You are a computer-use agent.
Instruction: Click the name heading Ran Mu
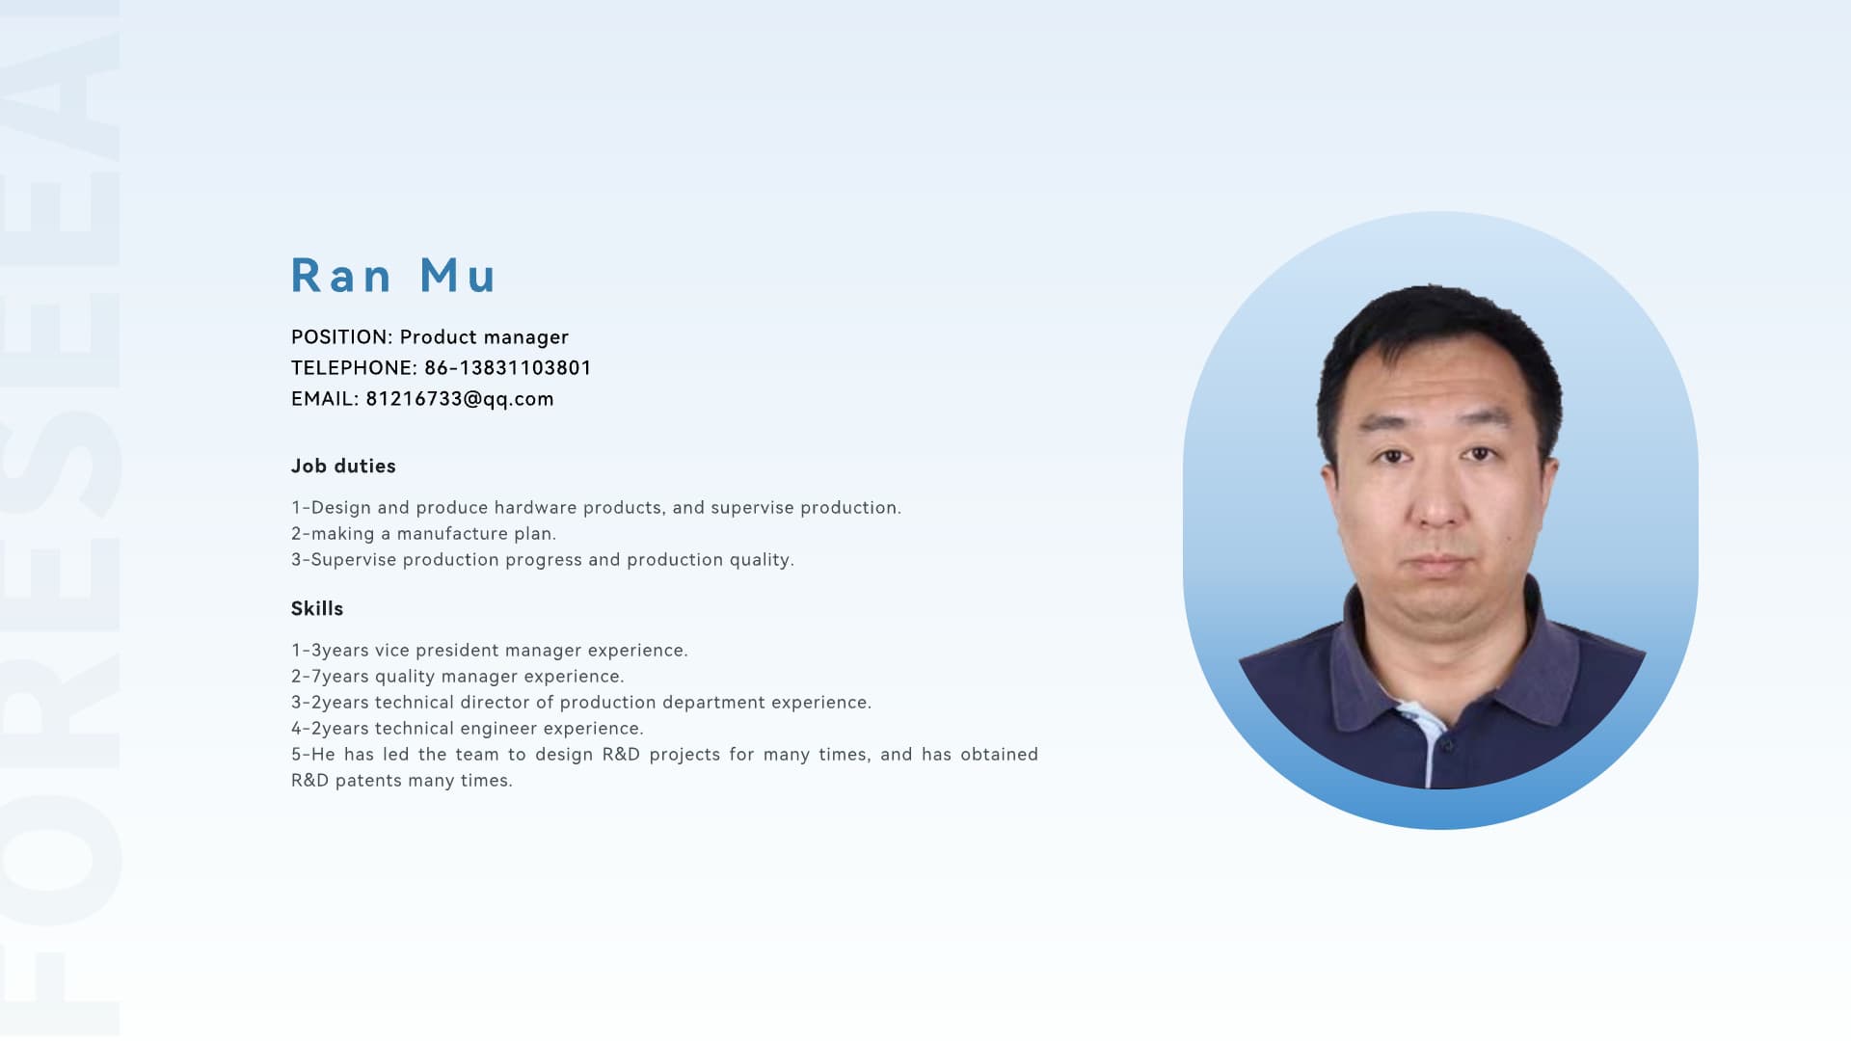(393, 276)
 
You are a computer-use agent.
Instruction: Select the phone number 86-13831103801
(508, 368)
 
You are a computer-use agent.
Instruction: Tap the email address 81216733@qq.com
(460, 399)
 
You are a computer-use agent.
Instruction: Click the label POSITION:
(342, 337)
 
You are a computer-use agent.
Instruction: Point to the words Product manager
(484, 337)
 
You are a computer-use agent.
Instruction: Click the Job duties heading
(343, 467)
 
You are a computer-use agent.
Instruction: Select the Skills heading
(317, 609)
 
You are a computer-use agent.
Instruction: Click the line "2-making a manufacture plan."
(424, 534)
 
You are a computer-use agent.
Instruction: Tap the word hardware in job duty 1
(535, 508)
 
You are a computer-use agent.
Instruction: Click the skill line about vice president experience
(490, 651)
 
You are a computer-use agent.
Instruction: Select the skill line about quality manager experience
(458, 677)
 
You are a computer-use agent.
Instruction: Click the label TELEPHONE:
(354, 368)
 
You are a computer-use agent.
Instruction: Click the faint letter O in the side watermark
(60, 859)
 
